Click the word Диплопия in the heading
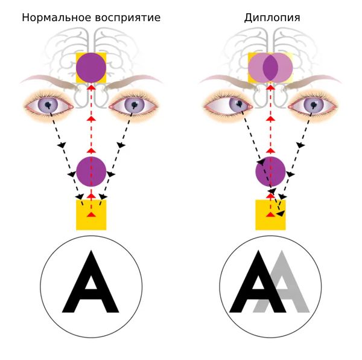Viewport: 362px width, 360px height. pos(272,18)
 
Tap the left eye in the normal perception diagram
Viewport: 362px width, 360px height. pos(48,105)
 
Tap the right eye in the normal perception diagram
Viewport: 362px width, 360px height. pos(134,105)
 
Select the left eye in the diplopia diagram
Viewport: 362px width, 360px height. pos(227,106)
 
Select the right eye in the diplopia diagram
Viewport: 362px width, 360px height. pos(313,106)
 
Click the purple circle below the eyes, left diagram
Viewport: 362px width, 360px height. pos(91,171)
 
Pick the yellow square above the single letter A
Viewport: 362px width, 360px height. pos(91,215)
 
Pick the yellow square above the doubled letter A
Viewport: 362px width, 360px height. pos(270,215)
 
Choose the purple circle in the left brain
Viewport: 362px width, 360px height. pos(91,68)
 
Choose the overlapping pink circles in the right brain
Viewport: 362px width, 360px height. pos(270,68)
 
